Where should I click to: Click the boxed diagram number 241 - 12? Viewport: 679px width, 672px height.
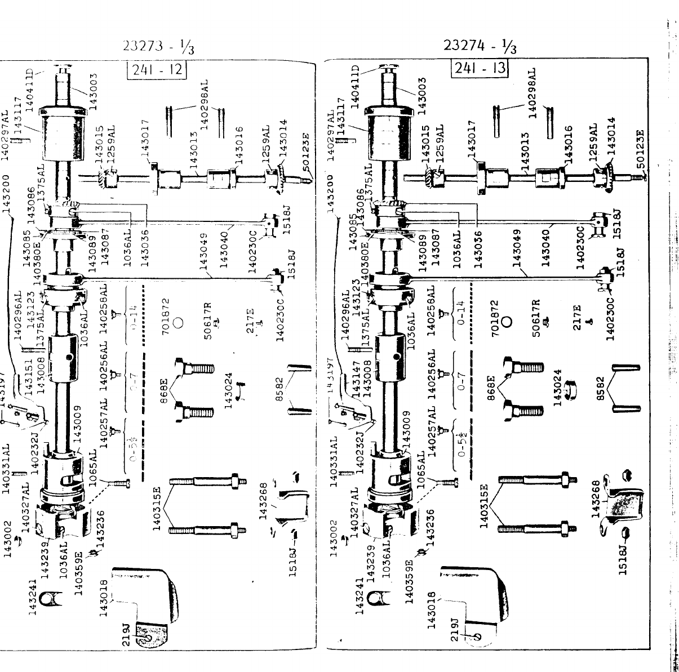[157, 71]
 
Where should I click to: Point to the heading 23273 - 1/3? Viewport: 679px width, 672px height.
[158, 47]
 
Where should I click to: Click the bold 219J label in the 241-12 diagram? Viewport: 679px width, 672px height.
[127, 631]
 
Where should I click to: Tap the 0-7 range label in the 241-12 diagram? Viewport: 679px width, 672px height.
[134, 388]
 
